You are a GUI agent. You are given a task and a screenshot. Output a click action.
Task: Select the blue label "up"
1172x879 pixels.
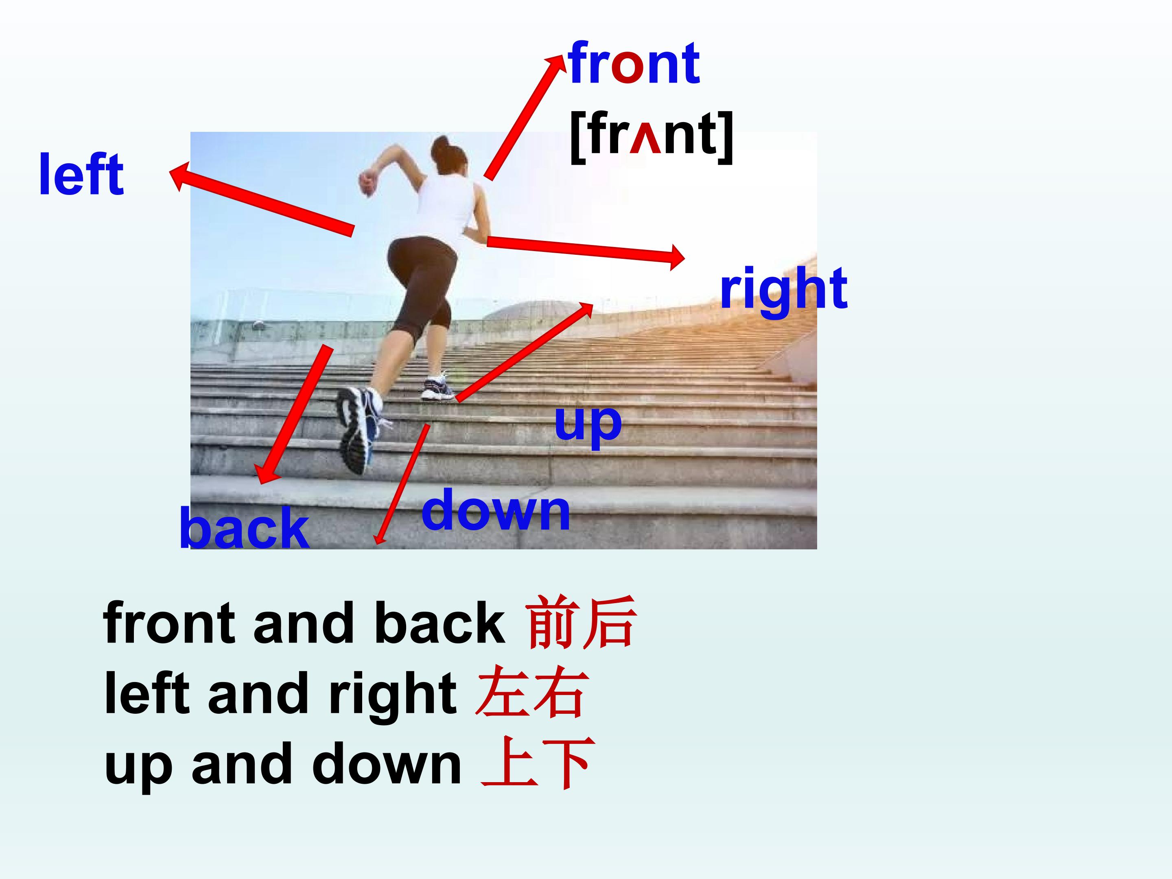588,424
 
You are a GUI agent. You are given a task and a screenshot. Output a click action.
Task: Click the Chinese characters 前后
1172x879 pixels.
580,623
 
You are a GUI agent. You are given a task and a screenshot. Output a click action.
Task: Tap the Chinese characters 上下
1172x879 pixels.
538,763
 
